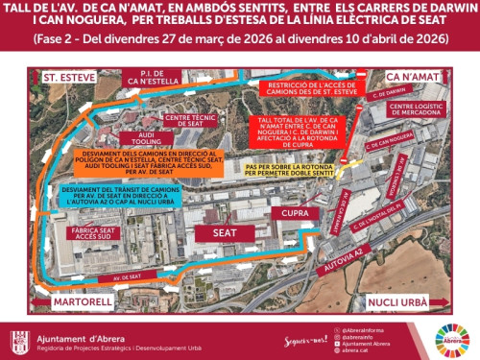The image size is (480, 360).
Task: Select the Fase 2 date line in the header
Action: (239, 40)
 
